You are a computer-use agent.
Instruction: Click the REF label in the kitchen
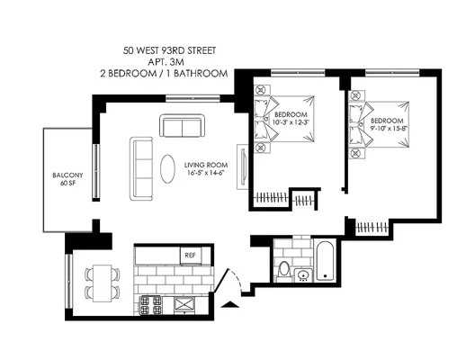(x=190, y=256)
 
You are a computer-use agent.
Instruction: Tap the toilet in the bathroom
(x=283, y=272)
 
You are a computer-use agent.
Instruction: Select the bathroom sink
(x=303, y=275)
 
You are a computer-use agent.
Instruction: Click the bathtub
(x=326, y=260)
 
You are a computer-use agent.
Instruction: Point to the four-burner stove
(x=151, y=305)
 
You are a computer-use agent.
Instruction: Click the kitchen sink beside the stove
(x=184, y=304)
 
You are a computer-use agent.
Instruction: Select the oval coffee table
(x=167, y=168)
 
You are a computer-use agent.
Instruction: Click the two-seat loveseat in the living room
(x=182, y=125)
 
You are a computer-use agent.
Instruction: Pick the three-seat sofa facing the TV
(x=141, y=168)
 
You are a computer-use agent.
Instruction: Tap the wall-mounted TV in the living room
(x=244, y=166)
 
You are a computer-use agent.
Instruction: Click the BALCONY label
(x=67, y=175)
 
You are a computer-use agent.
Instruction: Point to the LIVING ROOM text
(x=206, y=165)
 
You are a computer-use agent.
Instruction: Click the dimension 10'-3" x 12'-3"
(x=291, y=122)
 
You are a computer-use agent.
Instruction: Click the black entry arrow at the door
(x=230, y=304)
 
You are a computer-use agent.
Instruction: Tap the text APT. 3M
(x=166, y=62)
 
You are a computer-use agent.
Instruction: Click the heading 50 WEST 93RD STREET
(x=169, y=50)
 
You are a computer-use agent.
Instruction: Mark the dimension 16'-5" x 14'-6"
(x=206, y=173)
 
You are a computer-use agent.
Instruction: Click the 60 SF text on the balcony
(x=67, y=183)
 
